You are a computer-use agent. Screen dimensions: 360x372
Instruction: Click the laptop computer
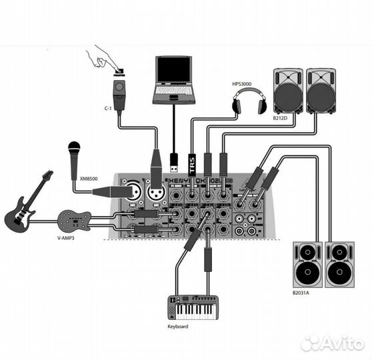click(174, 81)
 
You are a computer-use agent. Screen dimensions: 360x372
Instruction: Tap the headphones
click(249, 104)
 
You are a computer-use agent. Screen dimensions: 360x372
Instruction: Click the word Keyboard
click(178, 327)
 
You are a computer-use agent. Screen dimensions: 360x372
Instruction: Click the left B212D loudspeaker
click(288, 91)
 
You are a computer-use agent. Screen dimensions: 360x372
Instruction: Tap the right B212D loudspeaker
click(321, 91)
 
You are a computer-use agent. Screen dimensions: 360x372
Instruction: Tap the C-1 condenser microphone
click(120, 94)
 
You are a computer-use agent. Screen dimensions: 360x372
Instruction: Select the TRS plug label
click(193, 164)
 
